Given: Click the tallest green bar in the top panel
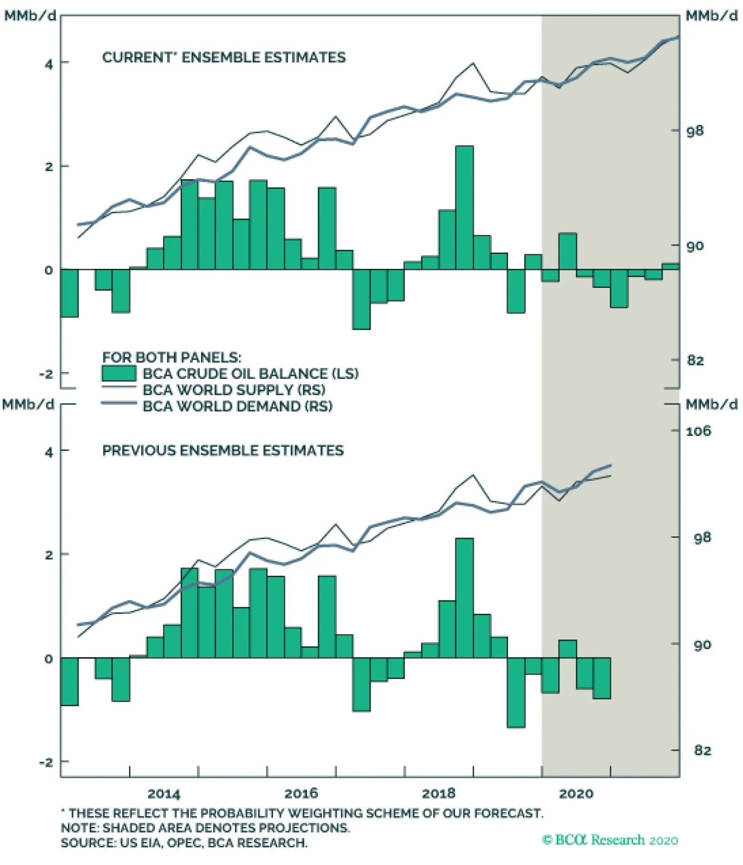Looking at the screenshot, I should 464,208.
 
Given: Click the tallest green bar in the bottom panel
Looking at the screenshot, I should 464,598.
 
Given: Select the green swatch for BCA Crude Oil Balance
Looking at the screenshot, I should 119,374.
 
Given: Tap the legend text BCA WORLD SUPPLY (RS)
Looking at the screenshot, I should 234,390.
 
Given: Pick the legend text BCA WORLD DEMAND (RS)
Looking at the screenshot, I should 237,406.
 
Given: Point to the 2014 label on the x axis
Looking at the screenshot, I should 163,793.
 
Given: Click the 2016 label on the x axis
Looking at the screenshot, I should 301,793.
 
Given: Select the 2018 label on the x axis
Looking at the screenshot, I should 438,793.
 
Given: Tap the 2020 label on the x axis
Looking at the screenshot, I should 576,793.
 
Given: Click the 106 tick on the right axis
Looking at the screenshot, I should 698,431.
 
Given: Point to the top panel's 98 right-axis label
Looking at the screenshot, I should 695,131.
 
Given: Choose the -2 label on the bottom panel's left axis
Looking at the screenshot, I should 46,762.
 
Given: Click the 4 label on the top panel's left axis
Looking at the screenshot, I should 49,64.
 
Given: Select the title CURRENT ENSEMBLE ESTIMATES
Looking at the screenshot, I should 224,58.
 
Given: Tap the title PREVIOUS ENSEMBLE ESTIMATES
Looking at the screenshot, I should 223,450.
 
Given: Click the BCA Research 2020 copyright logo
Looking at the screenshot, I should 610,839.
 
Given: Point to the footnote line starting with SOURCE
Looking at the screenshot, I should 184,843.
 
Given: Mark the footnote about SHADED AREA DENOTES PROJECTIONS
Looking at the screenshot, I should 205,828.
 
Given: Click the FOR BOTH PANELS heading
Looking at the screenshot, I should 172,358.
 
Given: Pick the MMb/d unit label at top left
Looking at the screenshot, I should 30,16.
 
